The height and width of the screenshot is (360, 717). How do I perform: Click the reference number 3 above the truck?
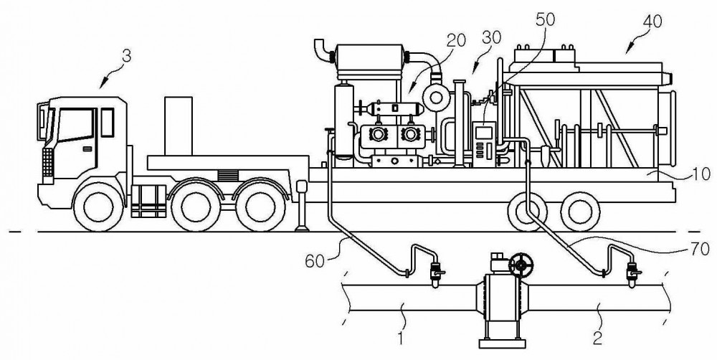point(127,56)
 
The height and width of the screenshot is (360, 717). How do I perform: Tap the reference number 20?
point(456,41)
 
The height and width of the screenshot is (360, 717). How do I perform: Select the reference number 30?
point(491,37)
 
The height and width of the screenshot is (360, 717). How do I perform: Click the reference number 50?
point(544,19)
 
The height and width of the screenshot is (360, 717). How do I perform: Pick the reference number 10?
point(701,174)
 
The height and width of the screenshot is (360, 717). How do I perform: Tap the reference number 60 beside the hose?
point(315,261)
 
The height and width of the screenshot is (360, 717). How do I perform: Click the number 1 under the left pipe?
point(401,339)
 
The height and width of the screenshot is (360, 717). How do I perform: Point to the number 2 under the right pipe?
point(597,338)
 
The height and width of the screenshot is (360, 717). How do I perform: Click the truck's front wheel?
point(98,207)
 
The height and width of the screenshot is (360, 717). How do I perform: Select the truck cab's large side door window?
point(75,124)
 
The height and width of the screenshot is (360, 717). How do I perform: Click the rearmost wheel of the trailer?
point(581,212)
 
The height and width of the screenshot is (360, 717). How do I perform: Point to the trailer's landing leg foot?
point(301,228)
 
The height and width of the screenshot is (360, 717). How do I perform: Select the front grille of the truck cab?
point(47,162)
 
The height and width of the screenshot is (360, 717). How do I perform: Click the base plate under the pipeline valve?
point(502,343)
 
